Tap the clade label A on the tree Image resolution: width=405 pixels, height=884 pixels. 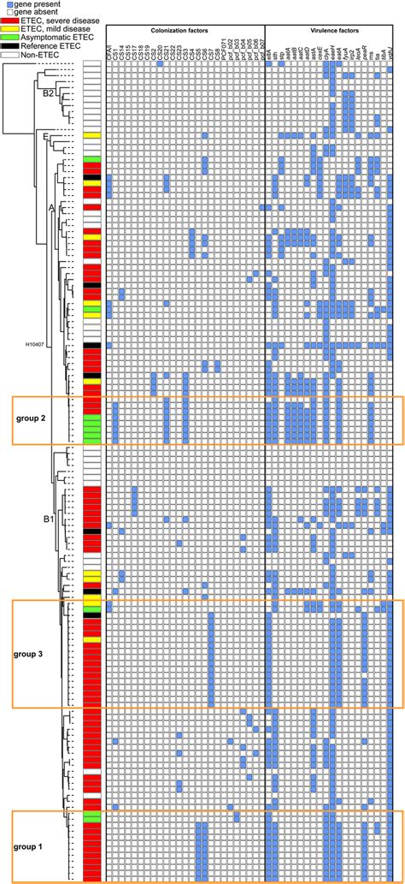pyautogui.click(x=51, y=206)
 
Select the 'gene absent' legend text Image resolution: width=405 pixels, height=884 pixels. pyautogui.click(x=34, y=12)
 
